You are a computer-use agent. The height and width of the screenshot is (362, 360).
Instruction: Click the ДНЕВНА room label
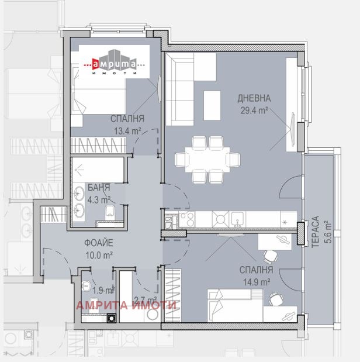tap(253, 98)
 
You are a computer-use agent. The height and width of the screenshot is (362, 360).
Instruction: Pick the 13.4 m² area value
tap(127, 131)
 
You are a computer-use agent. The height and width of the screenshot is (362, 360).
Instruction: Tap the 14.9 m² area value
tap(256, 281)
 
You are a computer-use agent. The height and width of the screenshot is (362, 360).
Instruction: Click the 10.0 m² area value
tap(98, 254)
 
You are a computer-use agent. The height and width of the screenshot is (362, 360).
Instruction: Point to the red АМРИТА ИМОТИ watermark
tap(127, 304)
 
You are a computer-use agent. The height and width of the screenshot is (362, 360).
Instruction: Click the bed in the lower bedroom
tap(234, 304)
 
